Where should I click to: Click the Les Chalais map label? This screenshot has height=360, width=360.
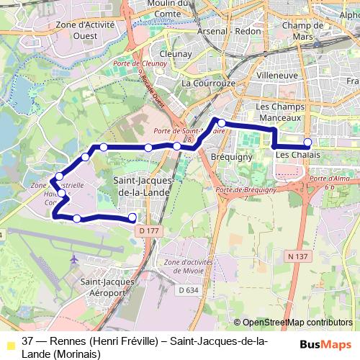293,155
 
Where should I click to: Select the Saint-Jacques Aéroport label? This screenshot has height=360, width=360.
106,287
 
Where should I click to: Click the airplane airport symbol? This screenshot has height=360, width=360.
74,258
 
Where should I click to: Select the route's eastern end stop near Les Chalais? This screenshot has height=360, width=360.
307,142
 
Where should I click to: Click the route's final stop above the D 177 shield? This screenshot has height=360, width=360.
132,217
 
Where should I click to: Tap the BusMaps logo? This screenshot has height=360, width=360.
325,344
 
